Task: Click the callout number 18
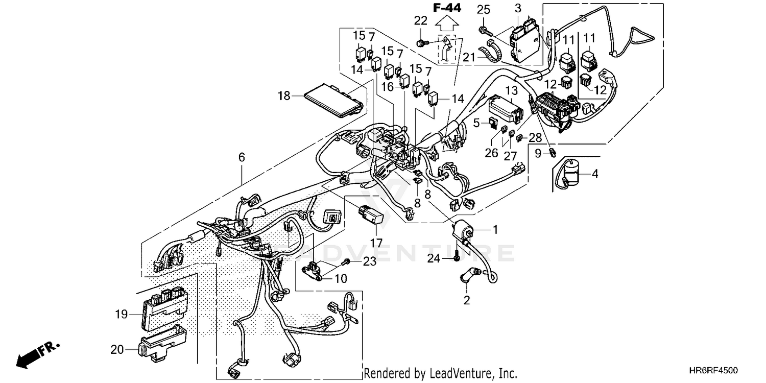click(283, 95)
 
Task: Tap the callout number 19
click(121, 314)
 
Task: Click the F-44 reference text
click(447, 8)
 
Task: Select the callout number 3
click(518, 8)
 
